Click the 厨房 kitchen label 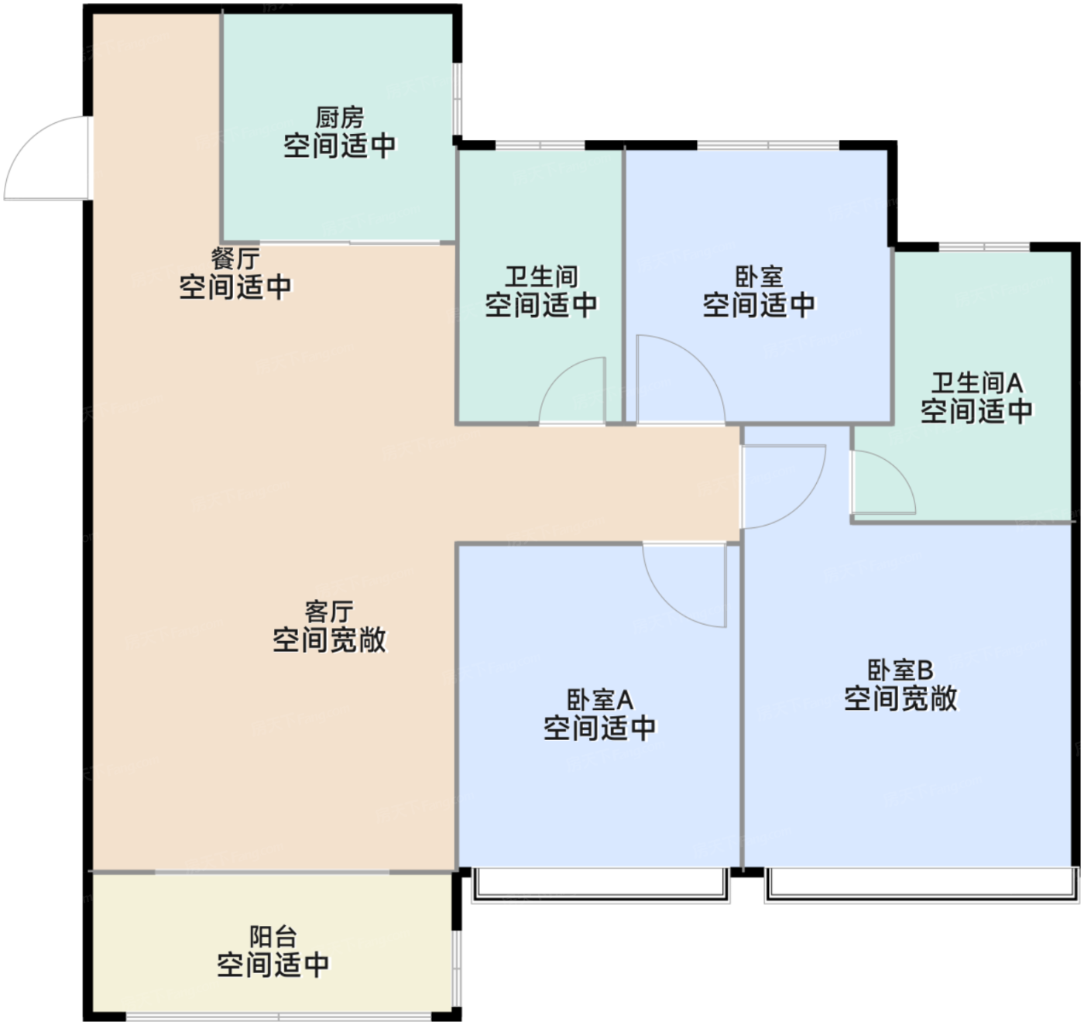pos(340,118)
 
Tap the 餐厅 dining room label pos(235,258)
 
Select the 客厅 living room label pos(329,611)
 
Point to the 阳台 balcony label pos(273,936)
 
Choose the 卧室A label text pos(600,700)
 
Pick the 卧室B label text pos(900,670)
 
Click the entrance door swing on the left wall pos(47,158)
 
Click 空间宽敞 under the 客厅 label pos(329,639)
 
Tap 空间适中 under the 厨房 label pos(340,146)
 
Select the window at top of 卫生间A pos(984,246)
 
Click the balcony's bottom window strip pos(279,1016)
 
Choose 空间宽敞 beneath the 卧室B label pos(901,698)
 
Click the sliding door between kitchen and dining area pos(350,242)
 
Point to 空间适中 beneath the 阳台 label pos(273,965)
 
